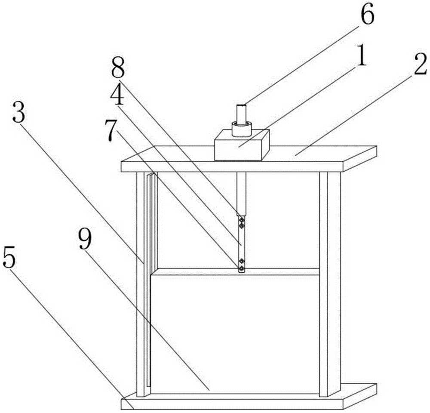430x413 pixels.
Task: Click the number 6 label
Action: pyautogui.click(x=367, y=14)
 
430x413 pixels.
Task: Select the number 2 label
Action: pyautogui.click(x=420, y=64)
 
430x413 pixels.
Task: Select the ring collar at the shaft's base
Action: pyautogui.click(x=242, y=129)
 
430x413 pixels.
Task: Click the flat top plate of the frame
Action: pyautogui.click(x=249, y=159)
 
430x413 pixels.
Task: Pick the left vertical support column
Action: pyautogui.click(x=142, y=284)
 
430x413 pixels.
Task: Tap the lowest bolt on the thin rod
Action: pyautogui.click(x=241, y=268)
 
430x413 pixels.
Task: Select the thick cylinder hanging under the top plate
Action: pyautogui.click(x=242, y=194)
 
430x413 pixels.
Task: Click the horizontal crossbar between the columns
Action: pyautogui.click(x=236, y=271)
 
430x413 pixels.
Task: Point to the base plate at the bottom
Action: pyautogui.click(x=249, y=398)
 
